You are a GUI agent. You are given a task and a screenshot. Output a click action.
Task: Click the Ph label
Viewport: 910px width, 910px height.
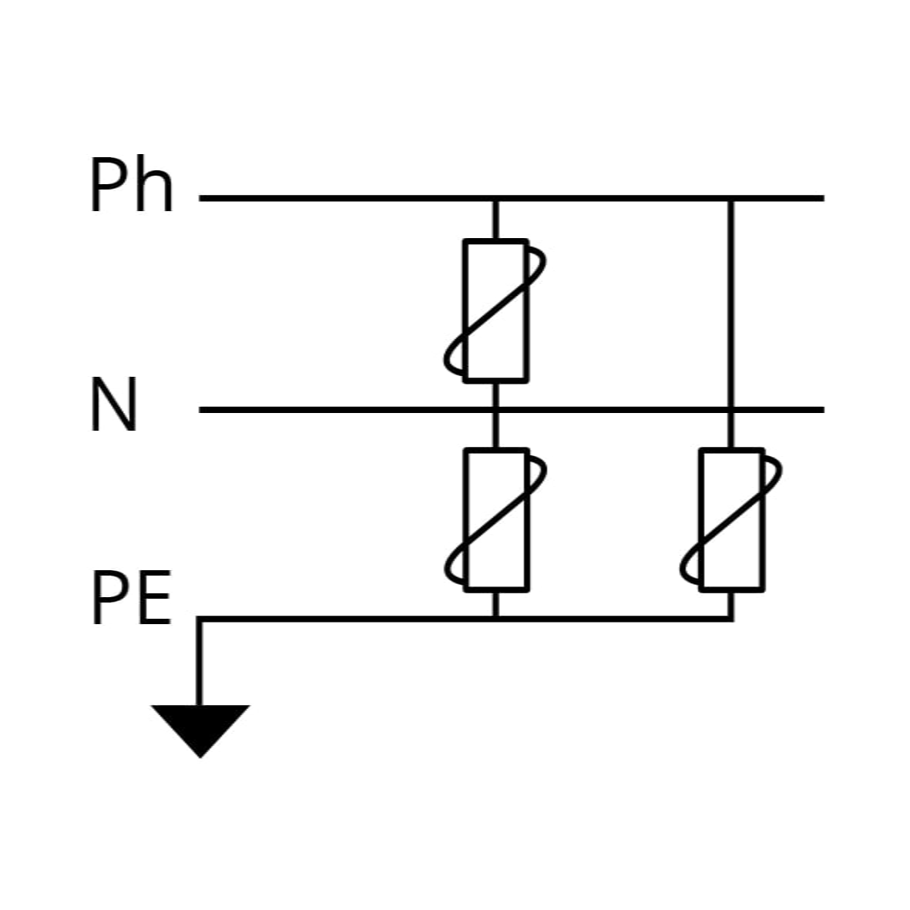pos(133,185)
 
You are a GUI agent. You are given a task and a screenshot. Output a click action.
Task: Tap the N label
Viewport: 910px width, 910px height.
pos(114,404)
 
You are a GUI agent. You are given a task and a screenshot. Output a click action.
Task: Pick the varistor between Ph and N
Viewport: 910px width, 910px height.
pos(495,311)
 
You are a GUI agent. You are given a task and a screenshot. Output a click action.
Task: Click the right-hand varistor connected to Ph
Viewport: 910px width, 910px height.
pos(730,519)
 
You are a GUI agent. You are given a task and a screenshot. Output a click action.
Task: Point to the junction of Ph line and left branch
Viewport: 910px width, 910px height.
pos(495,199)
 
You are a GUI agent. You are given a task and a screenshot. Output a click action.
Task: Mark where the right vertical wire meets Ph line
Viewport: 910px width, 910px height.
pos(730,199)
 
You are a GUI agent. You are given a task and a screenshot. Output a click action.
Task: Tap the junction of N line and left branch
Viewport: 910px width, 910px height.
pos(495,410)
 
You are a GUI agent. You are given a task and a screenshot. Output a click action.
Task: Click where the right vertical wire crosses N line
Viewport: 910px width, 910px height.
pos(730,410)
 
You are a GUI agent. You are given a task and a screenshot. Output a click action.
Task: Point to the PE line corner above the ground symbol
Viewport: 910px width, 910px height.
pos(200,620)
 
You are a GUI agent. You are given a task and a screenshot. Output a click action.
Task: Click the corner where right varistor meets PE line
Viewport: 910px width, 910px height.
pos(730,620)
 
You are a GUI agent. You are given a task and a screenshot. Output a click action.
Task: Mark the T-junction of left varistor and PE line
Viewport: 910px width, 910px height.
pos(495,620)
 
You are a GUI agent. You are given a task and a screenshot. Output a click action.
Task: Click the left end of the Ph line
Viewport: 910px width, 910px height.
pos(200,199)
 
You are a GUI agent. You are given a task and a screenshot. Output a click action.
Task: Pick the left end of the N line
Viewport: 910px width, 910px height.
pos(200,410)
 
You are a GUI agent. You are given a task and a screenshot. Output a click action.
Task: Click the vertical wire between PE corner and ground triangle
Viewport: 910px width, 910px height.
pos(200,662)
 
